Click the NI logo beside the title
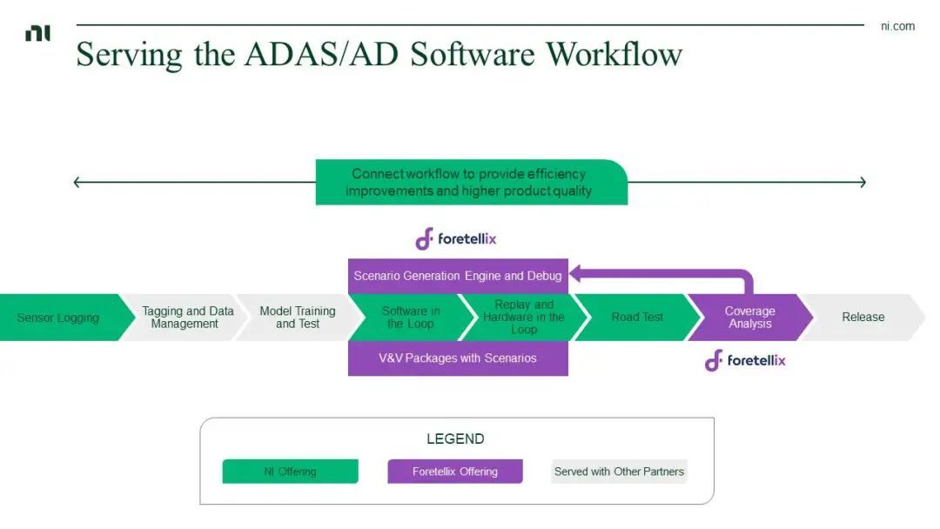37,33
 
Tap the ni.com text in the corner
897,26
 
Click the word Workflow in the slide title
614,54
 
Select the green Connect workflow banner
471,182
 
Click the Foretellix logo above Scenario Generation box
455,238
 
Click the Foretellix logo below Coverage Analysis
745,360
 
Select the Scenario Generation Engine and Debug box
458,276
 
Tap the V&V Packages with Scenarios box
458,358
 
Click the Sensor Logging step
58,318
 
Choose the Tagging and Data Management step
185,318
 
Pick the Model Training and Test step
298,318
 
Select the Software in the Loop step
411,318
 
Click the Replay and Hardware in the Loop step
524,318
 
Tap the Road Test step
637,318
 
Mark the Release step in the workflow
863,318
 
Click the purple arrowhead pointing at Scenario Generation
576,276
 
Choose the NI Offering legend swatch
290,472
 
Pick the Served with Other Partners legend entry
619,472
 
